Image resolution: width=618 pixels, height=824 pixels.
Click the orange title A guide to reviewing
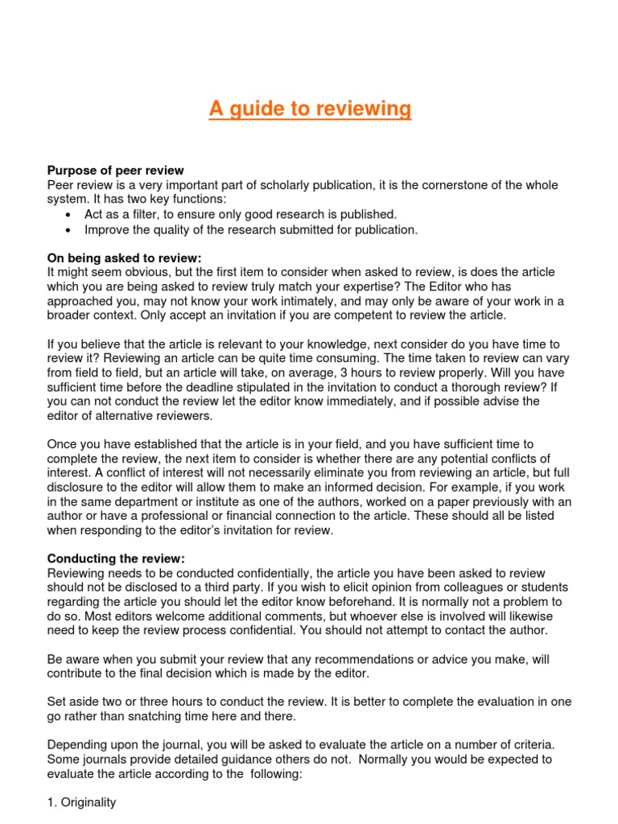pos(310,108)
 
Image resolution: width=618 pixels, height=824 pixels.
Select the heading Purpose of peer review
pos(115,171)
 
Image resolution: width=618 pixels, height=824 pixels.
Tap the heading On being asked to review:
pos(124,257)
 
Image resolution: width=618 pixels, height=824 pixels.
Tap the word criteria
pos(538,744)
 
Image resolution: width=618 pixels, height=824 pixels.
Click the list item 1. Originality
pos(81,802)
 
